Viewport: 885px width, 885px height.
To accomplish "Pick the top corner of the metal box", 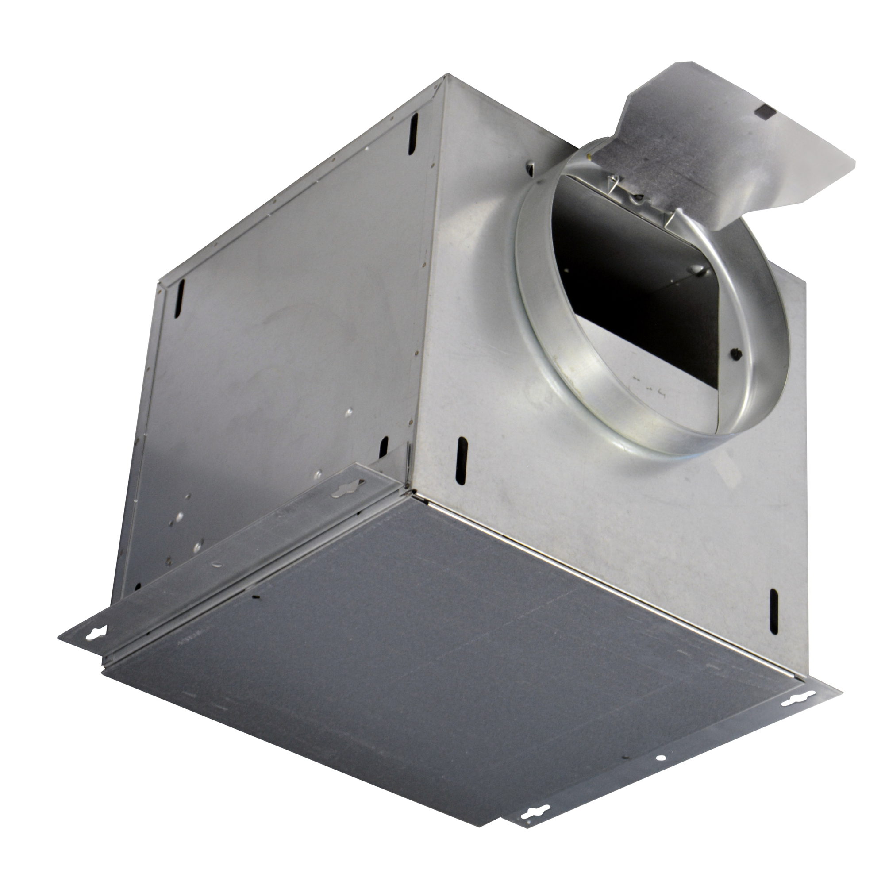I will pyautogui.click(x=446, y=78).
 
